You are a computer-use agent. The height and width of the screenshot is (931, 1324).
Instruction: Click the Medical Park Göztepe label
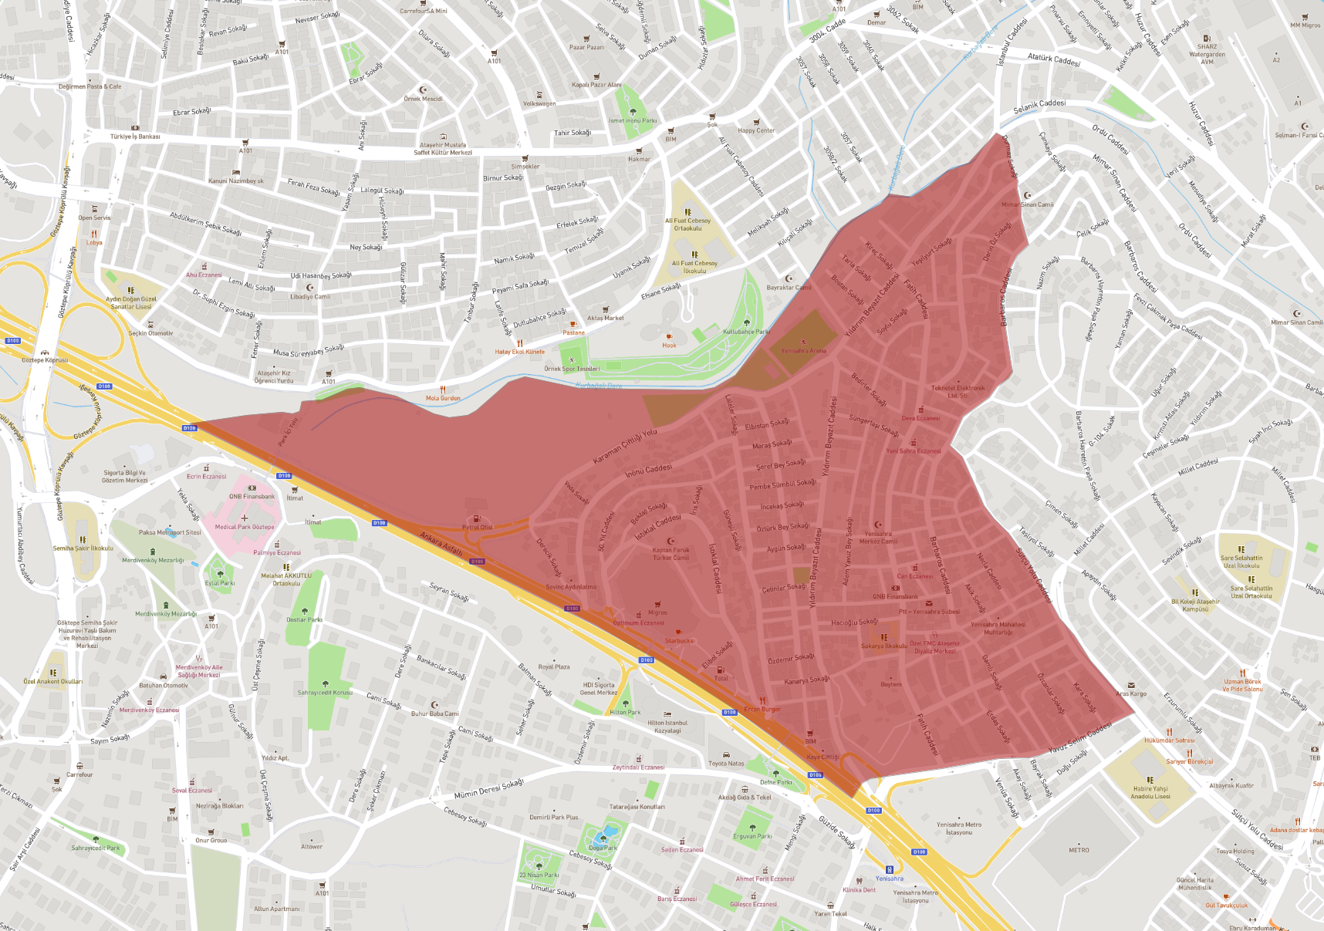244,527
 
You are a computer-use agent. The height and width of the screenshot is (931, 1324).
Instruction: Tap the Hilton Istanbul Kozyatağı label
667,727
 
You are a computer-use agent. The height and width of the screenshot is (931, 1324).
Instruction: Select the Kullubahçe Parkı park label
746,332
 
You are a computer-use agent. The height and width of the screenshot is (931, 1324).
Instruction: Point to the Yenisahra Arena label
803,350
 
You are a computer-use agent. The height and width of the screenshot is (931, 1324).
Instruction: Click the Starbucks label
679,640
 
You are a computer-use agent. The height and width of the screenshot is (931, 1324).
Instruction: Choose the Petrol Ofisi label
477,528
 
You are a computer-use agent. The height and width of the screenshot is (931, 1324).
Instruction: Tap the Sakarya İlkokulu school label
884,646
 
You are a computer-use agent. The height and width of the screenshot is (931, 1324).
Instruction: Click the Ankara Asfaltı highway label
441,542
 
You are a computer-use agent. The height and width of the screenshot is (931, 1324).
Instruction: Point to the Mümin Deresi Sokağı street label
488,789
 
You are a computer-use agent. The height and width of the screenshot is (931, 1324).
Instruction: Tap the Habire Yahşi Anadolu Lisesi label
1150,792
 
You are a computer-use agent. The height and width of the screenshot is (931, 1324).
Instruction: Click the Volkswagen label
539,103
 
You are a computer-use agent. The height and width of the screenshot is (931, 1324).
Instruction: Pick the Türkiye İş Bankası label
135,137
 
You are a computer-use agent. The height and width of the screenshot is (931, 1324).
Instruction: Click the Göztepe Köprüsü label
45,360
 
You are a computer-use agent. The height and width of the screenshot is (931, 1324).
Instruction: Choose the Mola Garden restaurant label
443,398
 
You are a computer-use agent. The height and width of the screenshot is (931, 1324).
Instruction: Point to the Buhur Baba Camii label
434,713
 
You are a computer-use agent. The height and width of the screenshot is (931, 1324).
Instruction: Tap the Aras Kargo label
1131,693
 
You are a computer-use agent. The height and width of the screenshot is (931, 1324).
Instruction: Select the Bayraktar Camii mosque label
789,287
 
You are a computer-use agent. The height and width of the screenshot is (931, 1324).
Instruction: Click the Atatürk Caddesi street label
1053,59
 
